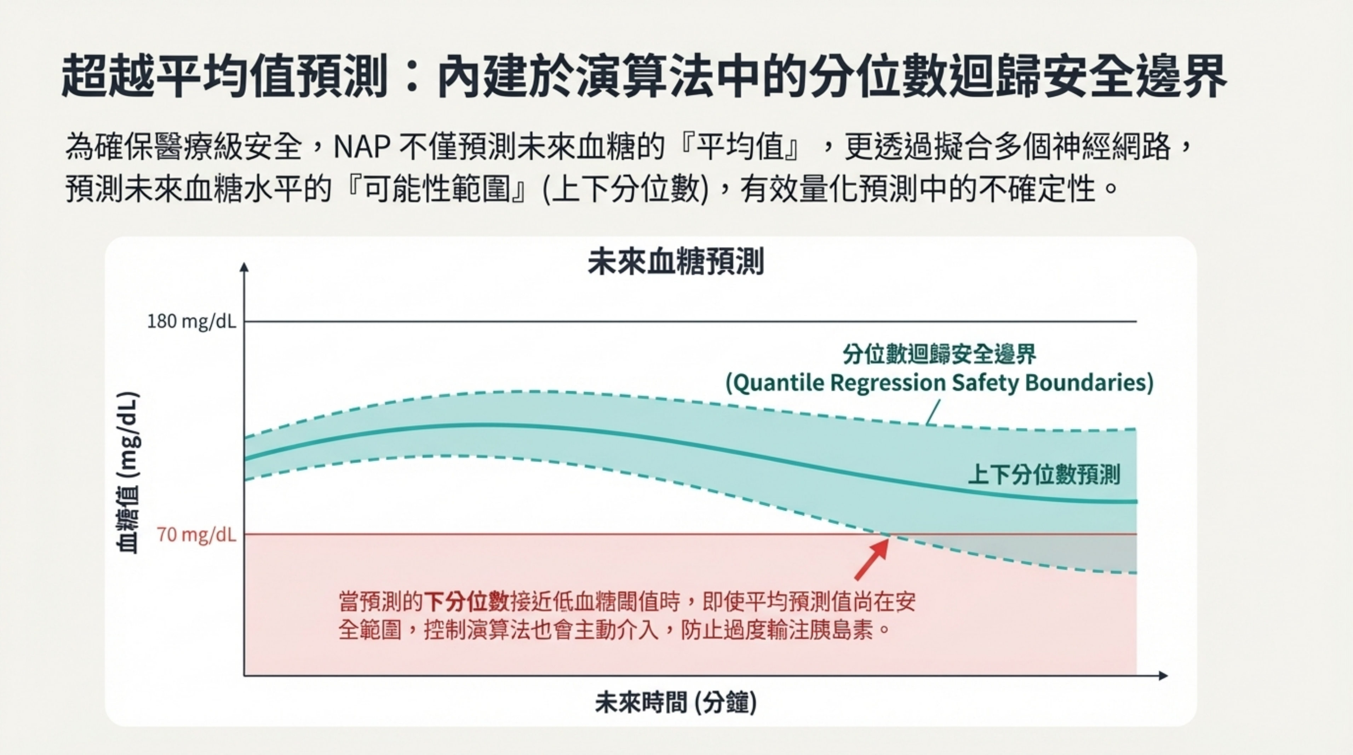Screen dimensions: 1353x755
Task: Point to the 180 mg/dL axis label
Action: tap(192, 321)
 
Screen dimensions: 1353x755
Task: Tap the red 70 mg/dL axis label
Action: tap(196, 535)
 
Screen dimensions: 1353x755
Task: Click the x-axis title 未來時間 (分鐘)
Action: tap(676, 702)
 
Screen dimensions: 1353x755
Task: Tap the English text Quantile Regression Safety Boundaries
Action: tap(939, 383)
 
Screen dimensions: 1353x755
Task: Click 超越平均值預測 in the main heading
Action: tap(224, 76)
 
